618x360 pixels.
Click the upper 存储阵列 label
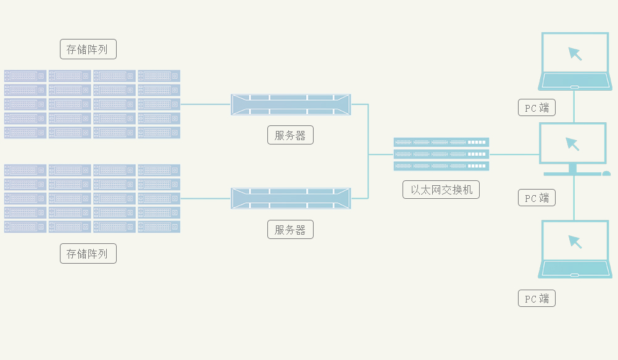(x=88, y=49)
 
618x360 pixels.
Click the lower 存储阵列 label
(x=88, y=253)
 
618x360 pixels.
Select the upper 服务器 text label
(x=290, y=135)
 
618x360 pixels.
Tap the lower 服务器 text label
(x=290, y=230)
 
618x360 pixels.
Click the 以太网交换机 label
(x=441, y=190)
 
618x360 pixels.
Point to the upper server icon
(x=290, y=104)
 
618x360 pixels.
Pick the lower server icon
(x=290, y=198)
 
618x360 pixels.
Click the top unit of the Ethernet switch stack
(x=441, y=142)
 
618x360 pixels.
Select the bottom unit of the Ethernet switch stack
(x=441, y=166)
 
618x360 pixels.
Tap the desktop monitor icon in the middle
(x=573, y=146)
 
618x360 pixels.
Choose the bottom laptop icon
(x=575, y=249)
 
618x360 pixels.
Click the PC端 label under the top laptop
(x=537, y=108)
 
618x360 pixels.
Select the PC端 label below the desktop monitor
(x=537, y=198)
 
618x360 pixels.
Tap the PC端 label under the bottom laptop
(x=537, y=298)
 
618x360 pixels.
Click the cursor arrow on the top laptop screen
(x=575, y=54)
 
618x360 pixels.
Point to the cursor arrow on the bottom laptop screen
(x=575, y=241)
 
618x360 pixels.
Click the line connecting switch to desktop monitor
(x=514, y=154)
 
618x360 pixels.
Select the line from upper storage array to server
(x=205, y=104)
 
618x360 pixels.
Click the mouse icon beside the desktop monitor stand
(x=606, y=174)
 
